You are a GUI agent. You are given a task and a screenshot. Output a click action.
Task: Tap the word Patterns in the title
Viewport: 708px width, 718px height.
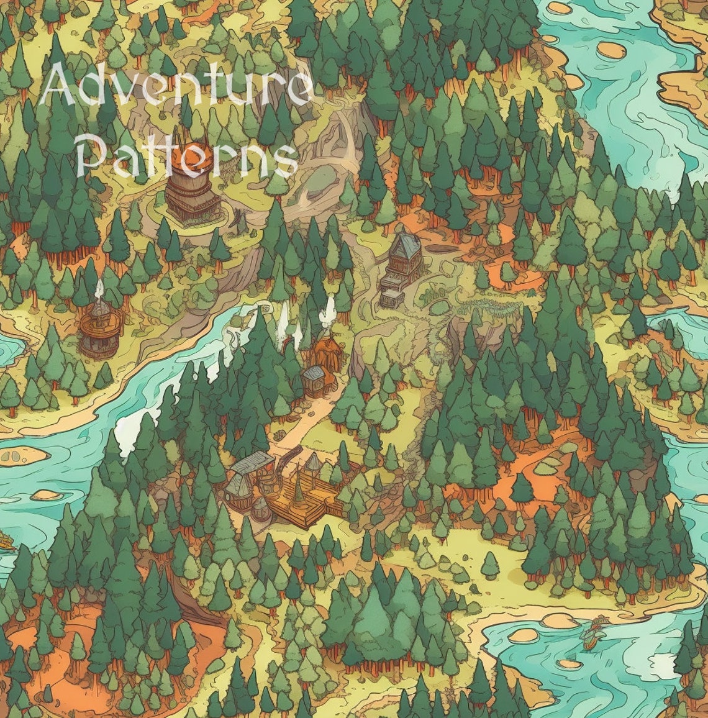coord(186,155)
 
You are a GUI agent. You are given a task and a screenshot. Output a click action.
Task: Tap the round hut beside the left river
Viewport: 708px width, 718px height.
coord(99,332)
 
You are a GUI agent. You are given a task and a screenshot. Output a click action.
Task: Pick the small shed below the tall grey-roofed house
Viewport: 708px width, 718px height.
coord(390,297)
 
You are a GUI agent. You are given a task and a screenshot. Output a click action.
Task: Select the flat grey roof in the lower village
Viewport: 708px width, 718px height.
coord(252,463)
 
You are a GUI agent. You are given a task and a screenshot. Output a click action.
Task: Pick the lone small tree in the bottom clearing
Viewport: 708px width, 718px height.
coord(490,565)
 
